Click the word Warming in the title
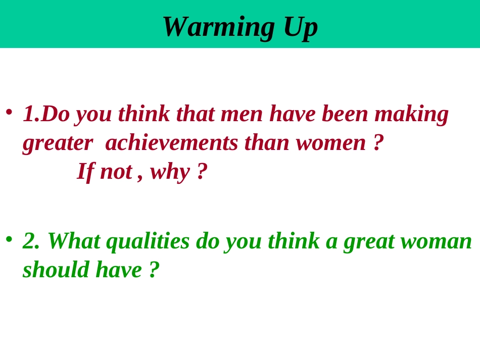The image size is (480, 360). point(218,27)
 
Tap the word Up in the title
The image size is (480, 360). point(301,27)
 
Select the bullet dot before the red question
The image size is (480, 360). point(9,112)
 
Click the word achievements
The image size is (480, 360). point(171,143)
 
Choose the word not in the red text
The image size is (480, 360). point(116,172)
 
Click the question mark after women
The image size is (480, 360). point(378,142)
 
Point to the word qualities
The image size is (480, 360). point(148,241)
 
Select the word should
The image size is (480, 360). point(56,269)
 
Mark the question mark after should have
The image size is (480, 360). point(154,269)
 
